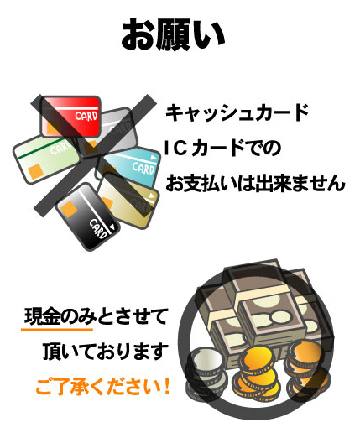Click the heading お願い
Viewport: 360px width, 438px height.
(173, 34)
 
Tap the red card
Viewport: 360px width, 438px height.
(71, 117)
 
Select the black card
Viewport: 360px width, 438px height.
(88, 216)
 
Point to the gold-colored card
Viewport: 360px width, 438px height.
(128, 201)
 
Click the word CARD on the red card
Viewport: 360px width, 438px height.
(86, 116)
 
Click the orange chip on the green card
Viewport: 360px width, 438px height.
(35, 171)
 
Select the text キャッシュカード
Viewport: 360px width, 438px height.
(237, 112)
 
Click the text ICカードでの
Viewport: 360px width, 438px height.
(223, 149)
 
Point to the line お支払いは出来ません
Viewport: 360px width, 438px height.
(255, 184)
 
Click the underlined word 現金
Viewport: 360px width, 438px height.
(43, 316)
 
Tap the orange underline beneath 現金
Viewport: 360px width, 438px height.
(57, 330)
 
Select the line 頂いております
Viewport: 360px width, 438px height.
(106, 351)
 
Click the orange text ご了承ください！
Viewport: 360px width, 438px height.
(102, 387)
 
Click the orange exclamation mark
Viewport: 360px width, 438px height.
(167, 386)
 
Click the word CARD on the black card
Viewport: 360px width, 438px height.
(98, 229)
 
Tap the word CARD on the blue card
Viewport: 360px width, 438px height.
(143, 168)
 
